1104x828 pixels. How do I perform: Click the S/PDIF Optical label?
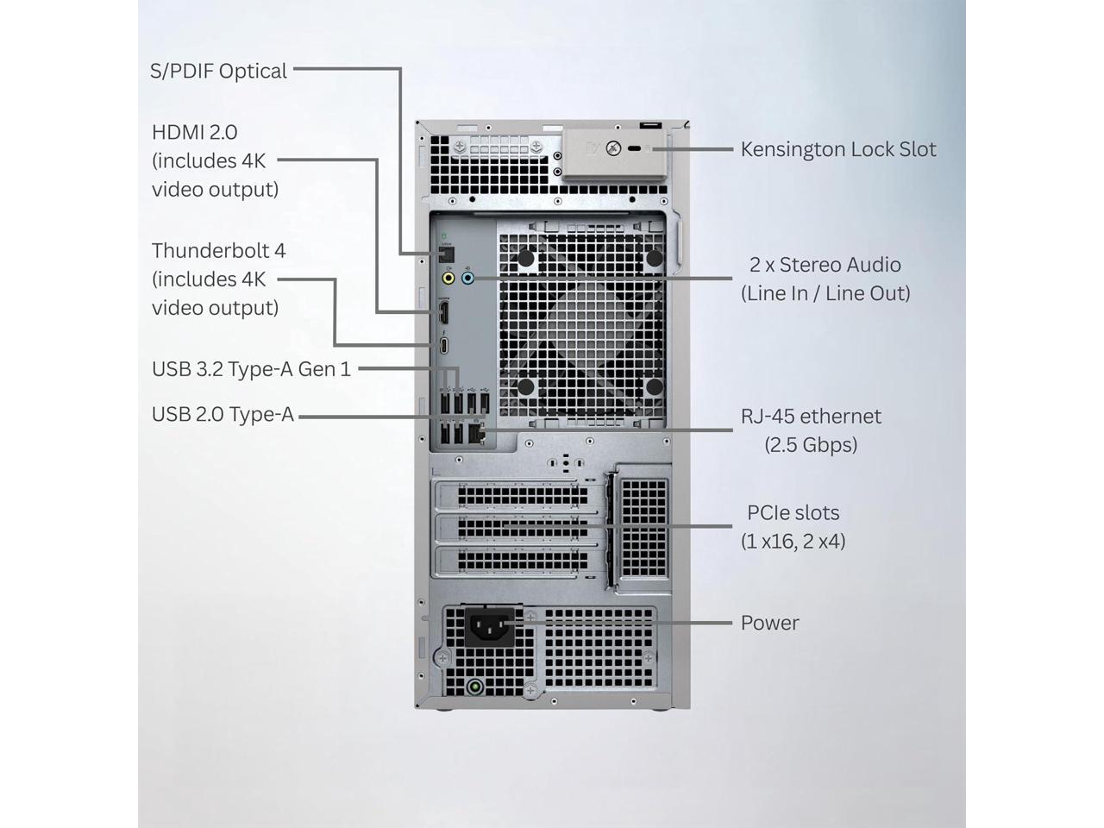pyautogui.click(x=218, y=71)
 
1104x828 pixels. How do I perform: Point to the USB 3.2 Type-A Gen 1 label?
pyautogui.click(x=251, y=369)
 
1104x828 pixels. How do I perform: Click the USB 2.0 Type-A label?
pyautogui.click(x=223, y=415)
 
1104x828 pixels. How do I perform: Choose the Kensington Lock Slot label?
pyautogui.click(x=837, y=149)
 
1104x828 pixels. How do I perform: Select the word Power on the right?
pyautogui.click(x=769, y=623)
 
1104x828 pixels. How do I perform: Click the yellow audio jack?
pyautogui.click(x=448, y=279)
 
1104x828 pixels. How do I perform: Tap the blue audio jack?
pyautogui.click(x=467, y=279)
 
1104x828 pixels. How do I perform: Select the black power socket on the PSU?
pyautogui.click(x=490, y=626)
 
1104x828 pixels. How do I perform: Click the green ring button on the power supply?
pyautogui.click(x=473, y=687)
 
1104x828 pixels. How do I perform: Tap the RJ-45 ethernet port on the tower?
pyautogui.click(x=480, y=434)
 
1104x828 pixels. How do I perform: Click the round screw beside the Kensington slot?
pyautogui.click(x=613, y=148)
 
